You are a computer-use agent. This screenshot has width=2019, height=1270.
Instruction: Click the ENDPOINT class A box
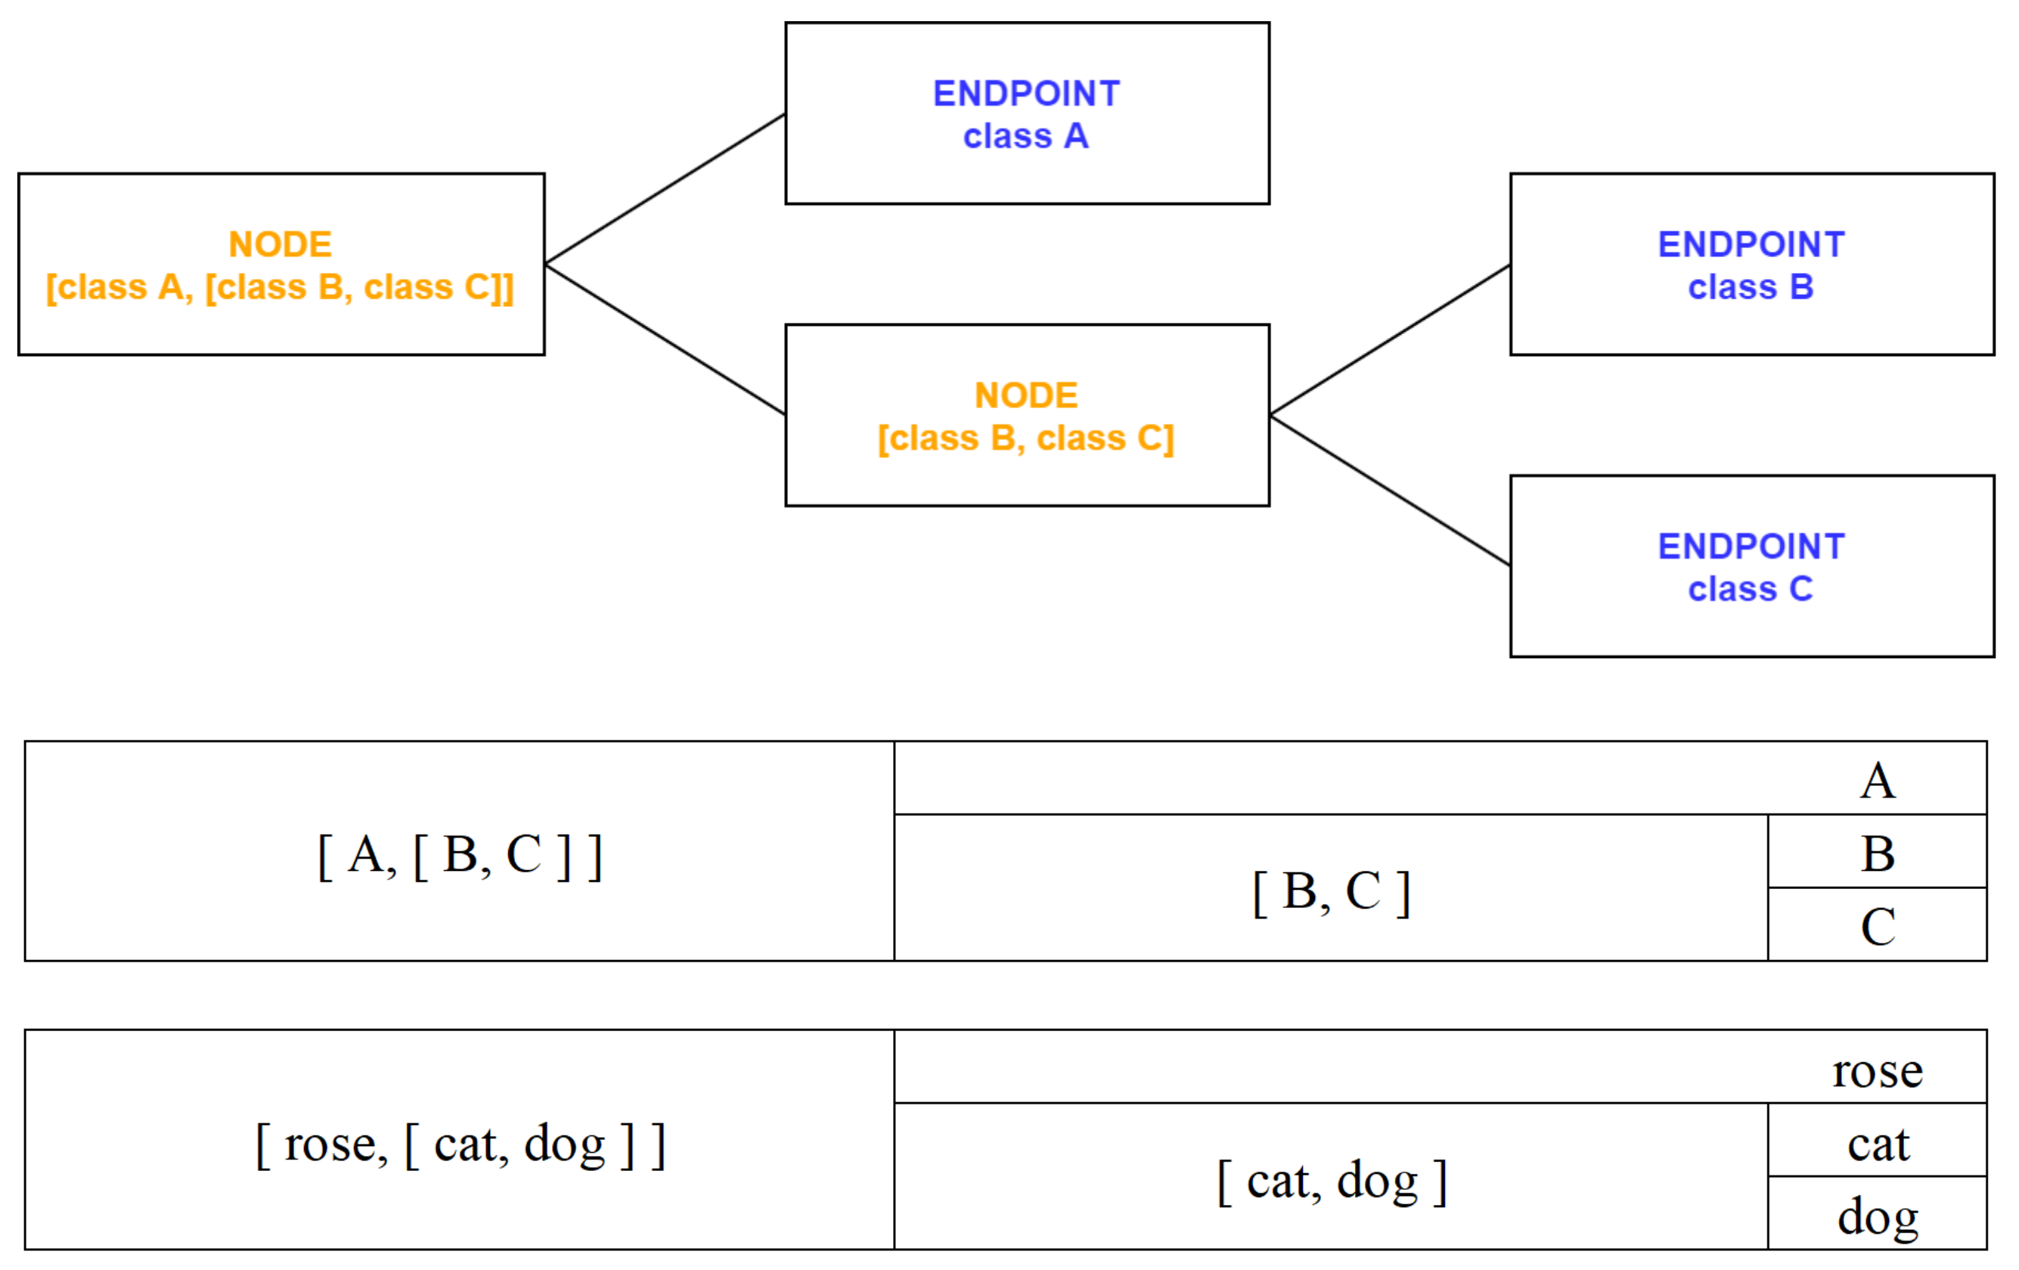click(x=1026, y=113)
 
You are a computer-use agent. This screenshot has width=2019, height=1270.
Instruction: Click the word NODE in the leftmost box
click(x=280, y=245)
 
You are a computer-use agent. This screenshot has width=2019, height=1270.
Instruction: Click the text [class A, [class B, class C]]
click(x=280, y=287)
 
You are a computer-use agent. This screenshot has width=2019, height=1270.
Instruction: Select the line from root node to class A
click(x=664, y=190)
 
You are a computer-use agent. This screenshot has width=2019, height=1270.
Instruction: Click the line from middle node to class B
click(x=1389, y=340)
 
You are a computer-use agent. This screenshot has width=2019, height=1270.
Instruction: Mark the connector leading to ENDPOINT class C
click(x=1389, y=491)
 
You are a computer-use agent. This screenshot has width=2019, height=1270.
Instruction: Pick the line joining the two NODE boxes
click(x=664, y=339)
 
